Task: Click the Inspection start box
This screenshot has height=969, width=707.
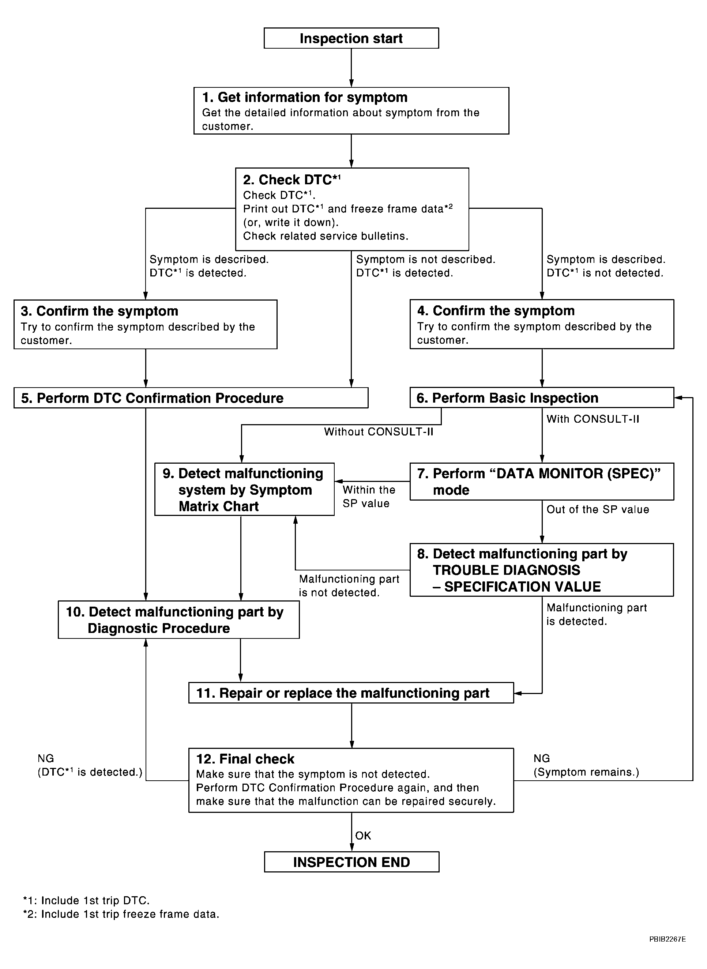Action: tap(351, 38)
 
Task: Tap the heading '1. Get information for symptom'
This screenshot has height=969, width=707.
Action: tap(304, 98)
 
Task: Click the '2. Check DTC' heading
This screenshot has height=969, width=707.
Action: tap(292, 180)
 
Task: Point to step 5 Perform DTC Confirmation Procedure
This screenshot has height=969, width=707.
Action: tap(191, 398)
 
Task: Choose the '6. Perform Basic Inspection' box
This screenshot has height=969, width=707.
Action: tap(541, 398)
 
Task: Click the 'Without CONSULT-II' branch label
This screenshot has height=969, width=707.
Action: tap(378, 432)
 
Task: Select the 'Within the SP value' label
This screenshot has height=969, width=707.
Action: tap(368, 497)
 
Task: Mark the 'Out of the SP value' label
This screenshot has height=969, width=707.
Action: tap(597, 509)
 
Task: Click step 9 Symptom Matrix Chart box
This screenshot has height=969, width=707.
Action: tap(244, 489)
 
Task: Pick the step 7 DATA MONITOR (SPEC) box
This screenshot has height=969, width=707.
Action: tap(541, 481)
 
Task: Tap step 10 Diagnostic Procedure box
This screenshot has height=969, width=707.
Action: tap(178, 620)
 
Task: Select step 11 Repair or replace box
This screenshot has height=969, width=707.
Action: tap(351, 693)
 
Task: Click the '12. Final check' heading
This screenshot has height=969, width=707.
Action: tap(245, 759)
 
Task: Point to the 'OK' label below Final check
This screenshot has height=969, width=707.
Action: tap(363, 836)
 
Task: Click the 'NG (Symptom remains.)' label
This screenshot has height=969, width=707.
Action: tap(586, 765)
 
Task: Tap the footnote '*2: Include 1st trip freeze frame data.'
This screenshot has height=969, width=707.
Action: tap(121, 914)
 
